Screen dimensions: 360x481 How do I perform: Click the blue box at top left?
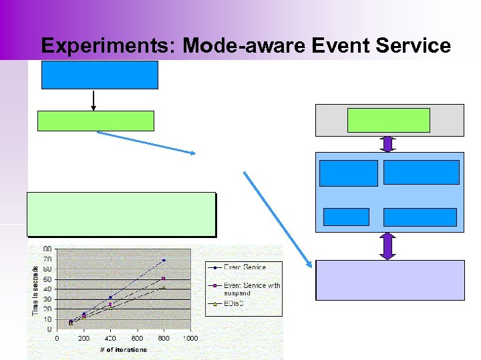(100, 75)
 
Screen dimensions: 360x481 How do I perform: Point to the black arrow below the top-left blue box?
(94, 99)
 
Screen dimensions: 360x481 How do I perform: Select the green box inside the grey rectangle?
(388, 120)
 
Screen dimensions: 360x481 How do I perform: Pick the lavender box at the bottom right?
(389, 280)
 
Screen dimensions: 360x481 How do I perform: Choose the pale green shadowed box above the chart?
(121, 214)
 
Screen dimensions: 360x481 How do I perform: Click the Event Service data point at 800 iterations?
(164, 260)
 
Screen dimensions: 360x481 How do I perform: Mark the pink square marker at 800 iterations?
(164, 278)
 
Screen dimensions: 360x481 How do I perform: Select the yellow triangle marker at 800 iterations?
(164, 287)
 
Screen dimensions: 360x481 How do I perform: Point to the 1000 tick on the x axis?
(190, 338)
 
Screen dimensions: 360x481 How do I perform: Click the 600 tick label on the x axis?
(137, 338)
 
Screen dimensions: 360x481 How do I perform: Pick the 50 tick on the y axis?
(48, 279)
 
